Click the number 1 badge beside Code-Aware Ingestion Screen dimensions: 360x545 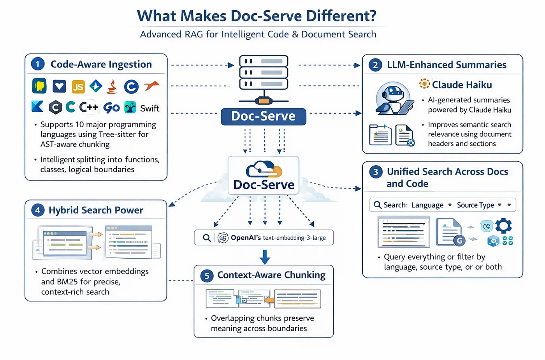38,64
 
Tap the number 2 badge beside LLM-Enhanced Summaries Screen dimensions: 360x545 375,65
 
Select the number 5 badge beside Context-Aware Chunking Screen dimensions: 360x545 207,276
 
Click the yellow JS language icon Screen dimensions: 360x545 78,86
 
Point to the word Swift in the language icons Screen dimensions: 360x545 150,108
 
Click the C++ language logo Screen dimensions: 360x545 89,107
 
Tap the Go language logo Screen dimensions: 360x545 111,108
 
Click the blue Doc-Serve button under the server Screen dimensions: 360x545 264,116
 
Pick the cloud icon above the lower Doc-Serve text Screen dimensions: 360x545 264,169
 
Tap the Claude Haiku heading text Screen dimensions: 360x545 462,85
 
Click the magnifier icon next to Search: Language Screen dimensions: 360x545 378,205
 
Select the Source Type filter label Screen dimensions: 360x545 475,205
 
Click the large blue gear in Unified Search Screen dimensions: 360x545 503,226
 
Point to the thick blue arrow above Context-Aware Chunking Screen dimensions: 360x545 265,257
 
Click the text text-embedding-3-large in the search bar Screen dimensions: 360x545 294,238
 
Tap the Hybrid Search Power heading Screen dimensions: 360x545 96,210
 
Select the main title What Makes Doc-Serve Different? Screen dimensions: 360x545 257,16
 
